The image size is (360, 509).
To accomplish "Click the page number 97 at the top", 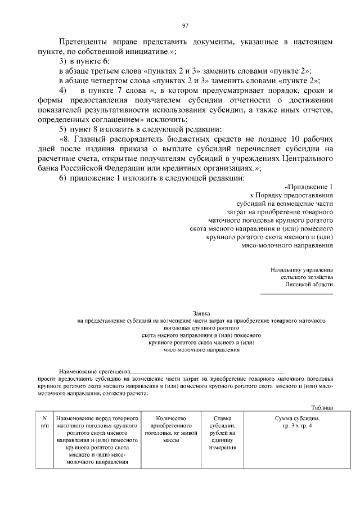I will click(185, 25).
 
